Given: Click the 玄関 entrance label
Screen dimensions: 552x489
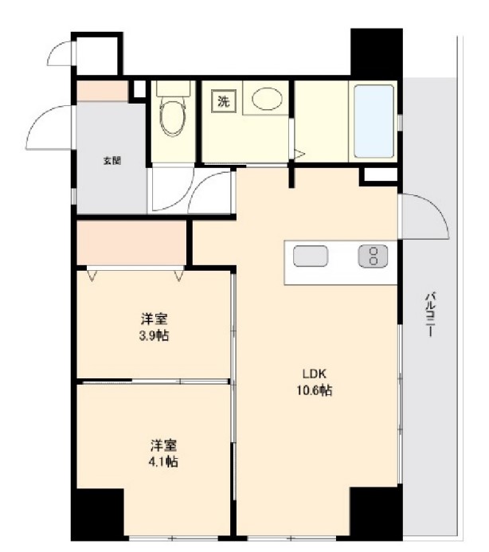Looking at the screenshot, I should tap(111, 161).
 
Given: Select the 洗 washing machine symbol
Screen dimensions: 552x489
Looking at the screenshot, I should tap(223, 101).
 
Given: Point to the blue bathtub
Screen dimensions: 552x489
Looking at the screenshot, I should tap(373, 122).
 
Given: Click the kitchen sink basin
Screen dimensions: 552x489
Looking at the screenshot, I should tap(311, 257).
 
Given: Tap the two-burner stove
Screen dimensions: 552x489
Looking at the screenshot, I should tap(373, 256).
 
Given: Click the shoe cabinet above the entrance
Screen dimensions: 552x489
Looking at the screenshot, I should tap(101, 91).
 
